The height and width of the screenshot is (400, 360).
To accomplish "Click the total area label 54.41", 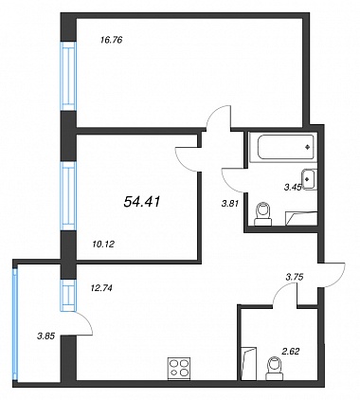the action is [142, 202].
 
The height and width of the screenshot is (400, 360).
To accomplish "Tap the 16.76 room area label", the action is [111, 41].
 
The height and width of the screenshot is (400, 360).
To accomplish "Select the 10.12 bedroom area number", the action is [103, 244].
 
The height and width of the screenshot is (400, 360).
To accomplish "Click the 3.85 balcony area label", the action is [46, 336].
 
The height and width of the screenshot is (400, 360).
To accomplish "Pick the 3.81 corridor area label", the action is [229, 204].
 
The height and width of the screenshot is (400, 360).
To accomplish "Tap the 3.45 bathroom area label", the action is [292, 188].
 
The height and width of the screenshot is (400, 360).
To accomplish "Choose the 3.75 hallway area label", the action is [295, 278].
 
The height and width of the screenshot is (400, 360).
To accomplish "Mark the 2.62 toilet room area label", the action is [290, 351].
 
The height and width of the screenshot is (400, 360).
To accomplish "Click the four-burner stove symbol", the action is [179, 368].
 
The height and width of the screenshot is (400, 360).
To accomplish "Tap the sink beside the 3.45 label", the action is [309, 179].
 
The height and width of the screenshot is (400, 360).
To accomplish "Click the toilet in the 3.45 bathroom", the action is [263, 214].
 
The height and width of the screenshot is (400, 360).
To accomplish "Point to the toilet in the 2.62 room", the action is [275, 369].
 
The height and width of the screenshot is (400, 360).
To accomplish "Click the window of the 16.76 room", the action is [68, 76].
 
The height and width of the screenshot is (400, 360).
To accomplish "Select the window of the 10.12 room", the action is [68, 196].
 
